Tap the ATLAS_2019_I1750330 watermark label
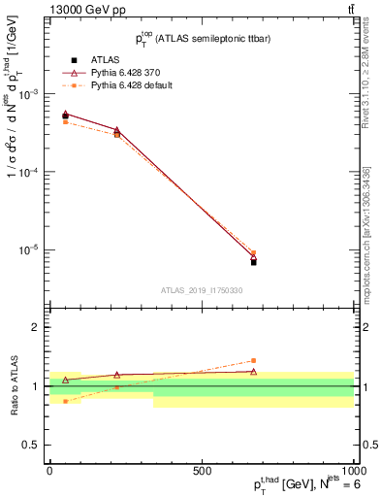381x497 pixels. [x=201, y=290]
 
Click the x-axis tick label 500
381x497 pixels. [x=202, y=471]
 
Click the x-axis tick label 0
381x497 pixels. [x=50, y=471]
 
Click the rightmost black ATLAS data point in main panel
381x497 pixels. [x=253, y=262]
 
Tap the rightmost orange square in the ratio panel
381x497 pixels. [x=253, y=360]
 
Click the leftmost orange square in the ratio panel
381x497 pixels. [x=66, y=401]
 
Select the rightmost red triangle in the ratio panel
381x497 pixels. [x=253, y=372]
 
